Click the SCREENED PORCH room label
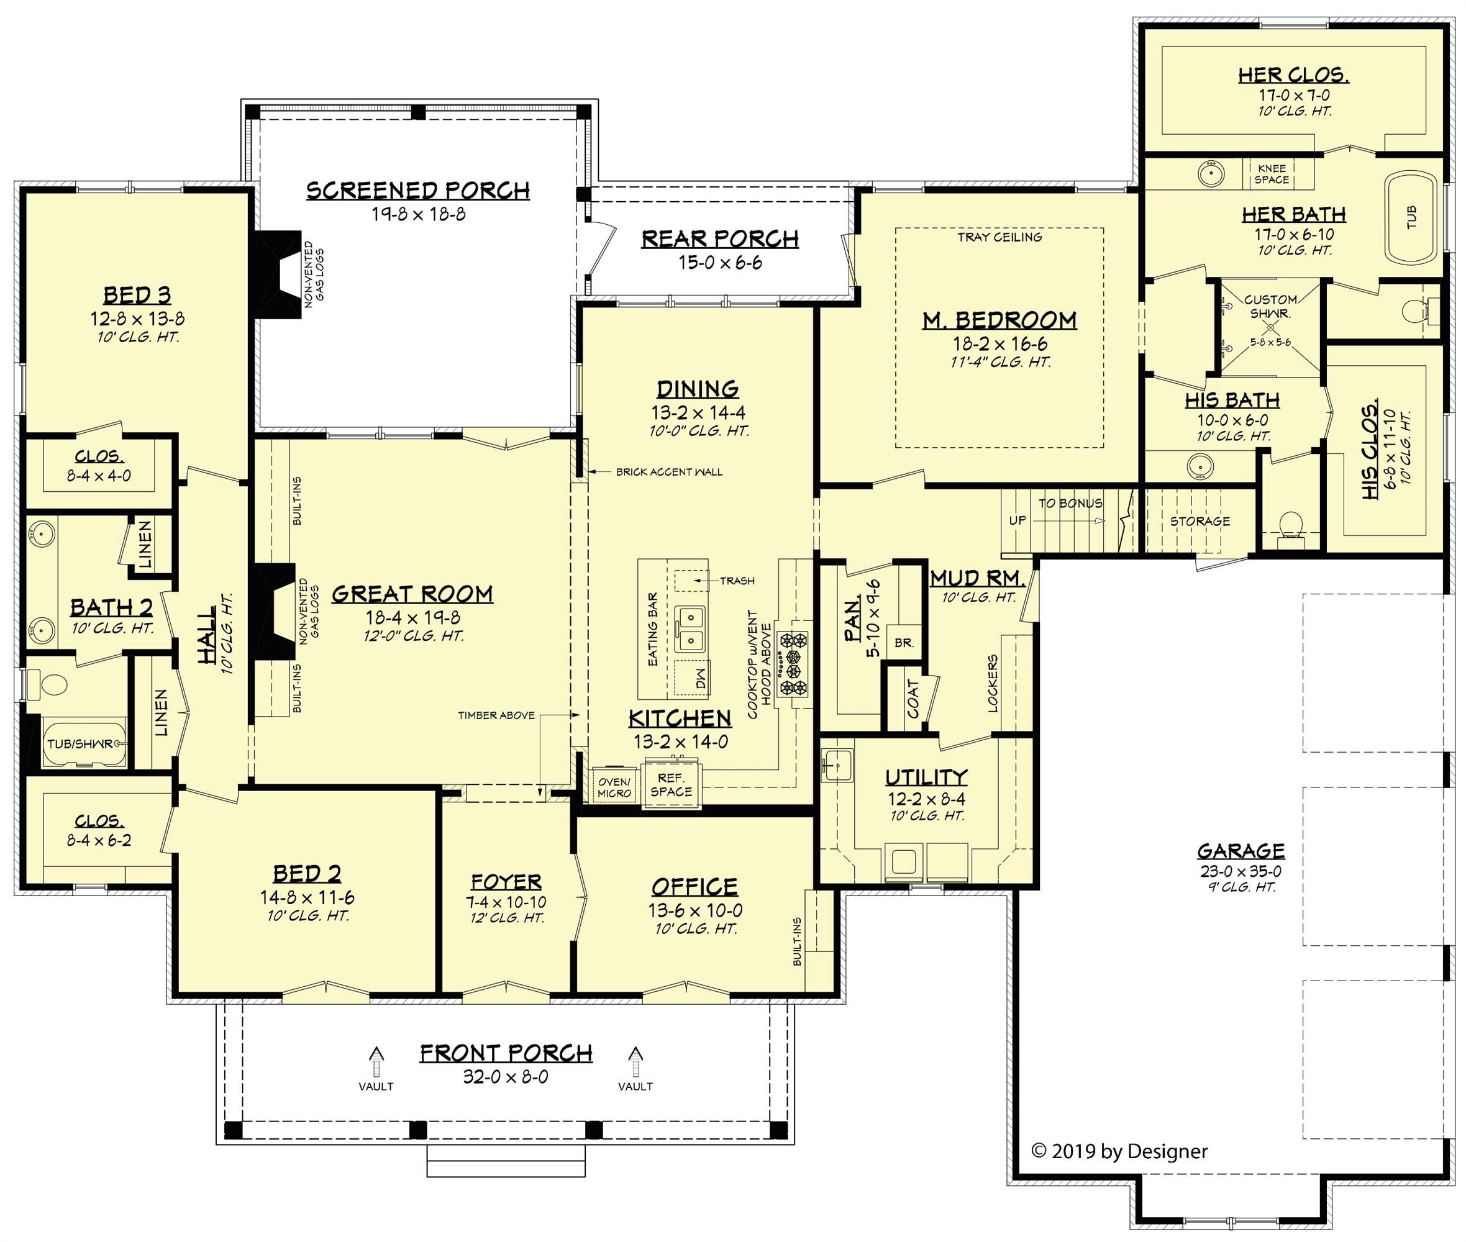[x=417, y=190]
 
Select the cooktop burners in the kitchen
[x=793, y=664]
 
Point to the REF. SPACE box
[x=671, y=784]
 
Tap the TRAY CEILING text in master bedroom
[x=999, y=237]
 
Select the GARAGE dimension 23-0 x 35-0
[x=1241, y=871]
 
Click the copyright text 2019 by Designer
[x=1119, y=1151]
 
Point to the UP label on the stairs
[x=1018, y=520]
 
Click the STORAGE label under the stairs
[x=1200, y=521]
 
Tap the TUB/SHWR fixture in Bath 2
[x=83, y=743]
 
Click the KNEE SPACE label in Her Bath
[x=1272, y=174]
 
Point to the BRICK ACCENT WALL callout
[x=668, y=472]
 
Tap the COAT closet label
[x=913, y=699]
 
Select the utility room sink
[x=838, y=764]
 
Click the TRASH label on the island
[x=737, y=581]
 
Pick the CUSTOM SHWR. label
[x=1270, y=306]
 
